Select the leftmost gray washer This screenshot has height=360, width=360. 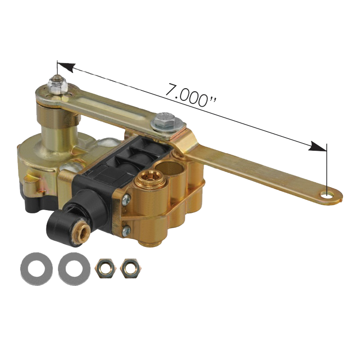[36, 269]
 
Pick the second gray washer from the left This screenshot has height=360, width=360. [74, 269]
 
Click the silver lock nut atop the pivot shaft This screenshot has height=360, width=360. [57, 85]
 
